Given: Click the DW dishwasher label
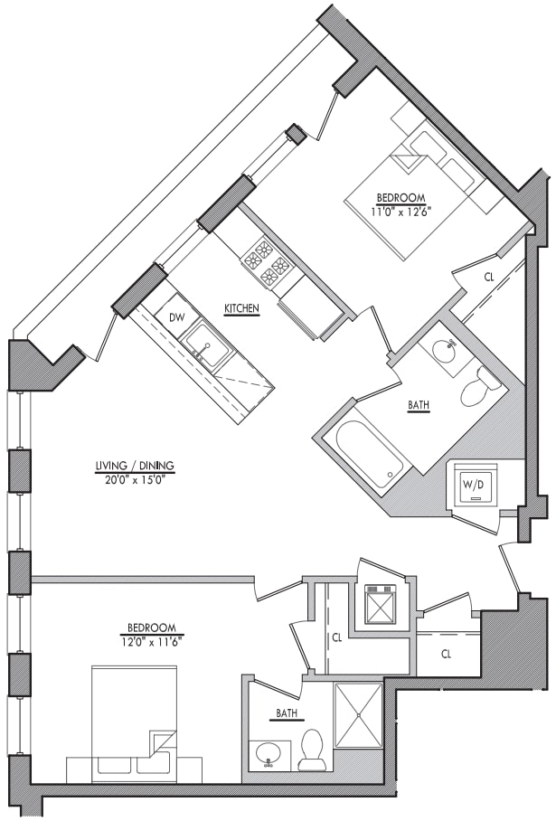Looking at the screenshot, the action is point(176,316).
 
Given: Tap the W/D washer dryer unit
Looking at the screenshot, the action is point(472,485).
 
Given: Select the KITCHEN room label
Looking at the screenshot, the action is point(242,308).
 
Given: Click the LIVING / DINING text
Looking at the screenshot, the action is point(135,466).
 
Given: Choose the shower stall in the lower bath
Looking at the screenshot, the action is point(359,715).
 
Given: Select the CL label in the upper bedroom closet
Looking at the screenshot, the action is point(489,278).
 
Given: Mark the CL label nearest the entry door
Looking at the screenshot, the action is point(446,654).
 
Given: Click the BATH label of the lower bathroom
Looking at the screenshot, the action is point(287,713).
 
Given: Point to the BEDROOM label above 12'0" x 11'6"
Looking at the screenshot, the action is point(152,628).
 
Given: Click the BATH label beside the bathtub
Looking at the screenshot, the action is point(419,405).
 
